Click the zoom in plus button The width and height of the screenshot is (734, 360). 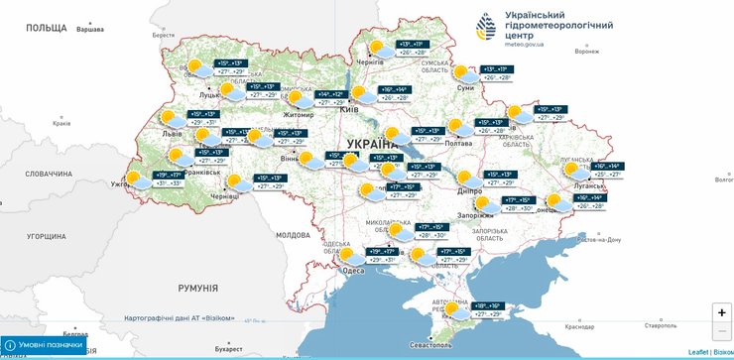[721, 311]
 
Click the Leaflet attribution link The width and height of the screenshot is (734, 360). [698, 352]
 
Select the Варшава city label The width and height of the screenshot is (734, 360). [89, 29]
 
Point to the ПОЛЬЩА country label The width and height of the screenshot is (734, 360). [46, 28]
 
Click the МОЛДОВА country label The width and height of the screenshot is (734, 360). [293, 235]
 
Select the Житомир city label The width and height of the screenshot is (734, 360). [298, 115]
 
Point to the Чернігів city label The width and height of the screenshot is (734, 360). [369, 61]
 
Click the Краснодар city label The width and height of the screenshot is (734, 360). [578, 325]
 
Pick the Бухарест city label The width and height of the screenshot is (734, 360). [227, 349]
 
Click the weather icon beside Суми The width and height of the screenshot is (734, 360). [463, 72]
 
